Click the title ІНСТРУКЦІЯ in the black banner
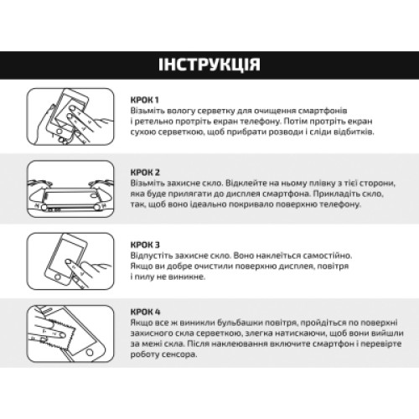209,65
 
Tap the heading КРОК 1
145,100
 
